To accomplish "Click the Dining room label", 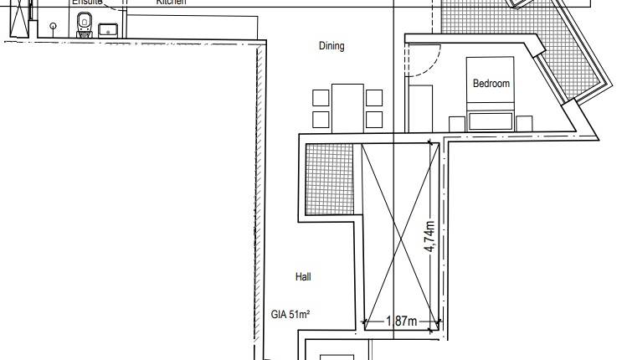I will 331,46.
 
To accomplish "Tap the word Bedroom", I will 491,84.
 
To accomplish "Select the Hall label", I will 303,276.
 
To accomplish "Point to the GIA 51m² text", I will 290,315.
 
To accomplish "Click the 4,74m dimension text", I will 429,237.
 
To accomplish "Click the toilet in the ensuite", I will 83,30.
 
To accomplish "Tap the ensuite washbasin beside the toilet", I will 108,30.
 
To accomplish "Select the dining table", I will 347,107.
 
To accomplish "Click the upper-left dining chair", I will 321,97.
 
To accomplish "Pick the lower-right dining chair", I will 374,120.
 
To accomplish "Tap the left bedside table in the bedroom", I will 457,123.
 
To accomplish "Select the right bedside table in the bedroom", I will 524,123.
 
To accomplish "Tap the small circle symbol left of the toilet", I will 54,27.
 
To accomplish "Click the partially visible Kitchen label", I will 171,3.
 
